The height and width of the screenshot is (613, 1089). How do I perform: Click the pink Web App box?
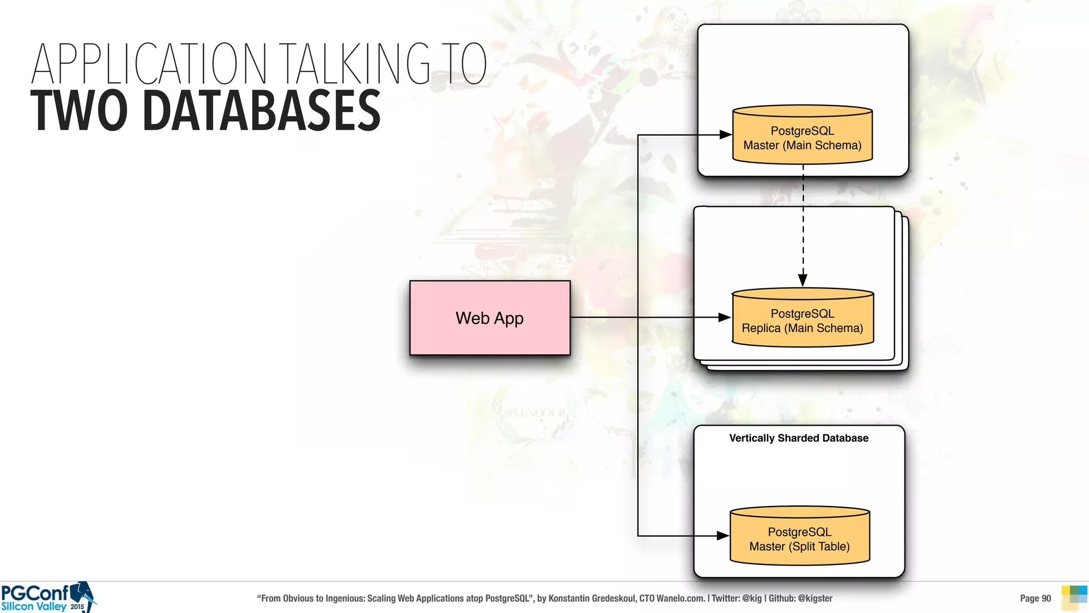(490, 318)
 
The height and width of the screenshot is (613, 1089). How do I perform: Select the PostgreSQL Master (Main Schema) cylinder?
(802, 137)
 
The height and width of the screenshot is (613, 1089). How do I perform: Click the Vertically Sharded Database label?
(799, 438)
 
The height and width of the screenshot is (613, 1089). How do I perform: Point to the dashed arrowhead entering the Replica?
(803, 280)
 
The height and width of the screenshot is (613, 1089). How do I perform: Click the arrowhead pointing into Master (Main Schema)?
(725, 135)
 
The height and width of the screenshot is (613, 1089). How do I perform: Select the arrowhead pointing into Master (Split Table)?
(723, 536)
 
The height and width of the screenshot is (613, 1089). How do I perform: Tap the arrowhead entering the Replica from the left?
(724, 317)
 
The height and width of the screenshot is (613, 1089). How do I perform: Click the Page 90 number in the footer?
(1035, 598)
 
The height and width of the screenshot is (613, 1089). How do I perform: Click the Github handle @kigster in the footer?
(815, 598)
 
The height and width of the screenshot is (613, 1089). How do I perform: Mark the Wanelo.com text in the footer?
(680, 598)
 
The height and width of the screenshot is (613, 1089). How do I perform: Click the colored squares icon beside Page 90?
(1074, 598)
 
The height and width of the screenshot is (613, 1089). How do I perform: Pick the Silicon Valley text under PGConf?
(34, 607)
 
